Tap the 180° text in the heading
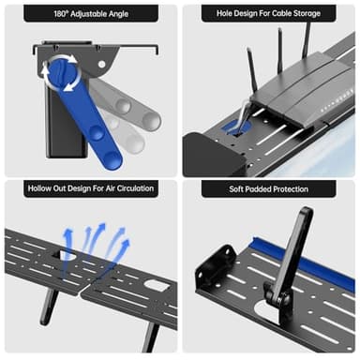(61, 14)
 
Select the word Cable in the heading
(284, 13)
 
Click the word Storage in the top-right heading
(308, 13)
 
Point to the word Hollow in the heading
(38, 188)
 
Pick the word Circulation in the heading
(136, 188)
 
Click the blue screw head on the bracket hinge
(62, 73)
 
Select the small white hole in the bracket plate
(101, 65)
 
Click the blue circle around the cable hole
(236, 127)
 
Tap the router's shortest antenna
(252, 69)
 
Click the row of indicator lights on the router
(337, 100)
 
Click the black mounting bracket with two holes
(216, 266)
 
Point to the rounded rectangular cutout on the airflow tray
(157, 285)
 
